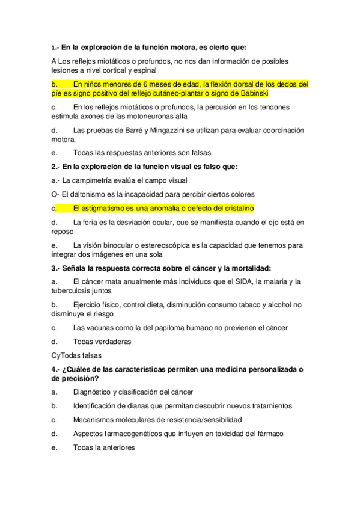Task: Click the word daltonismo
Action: pos(91,194)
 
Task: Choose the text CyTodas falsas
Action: pos(77,355)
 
